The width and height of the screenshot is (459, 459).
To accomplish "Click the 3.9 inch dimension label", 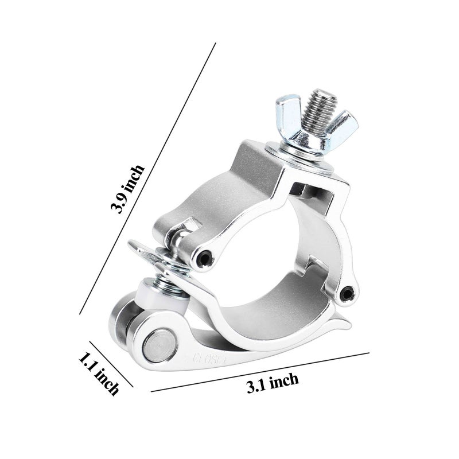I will (128, 189).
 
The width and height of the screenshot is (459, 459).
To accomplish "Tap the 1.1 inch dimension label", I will (99, 374).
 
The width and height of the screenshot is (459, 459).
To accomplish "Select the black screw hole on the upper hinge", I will (204, 260).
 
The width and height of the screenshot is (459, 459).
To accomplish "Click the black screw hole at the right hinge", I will (347, 294).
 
